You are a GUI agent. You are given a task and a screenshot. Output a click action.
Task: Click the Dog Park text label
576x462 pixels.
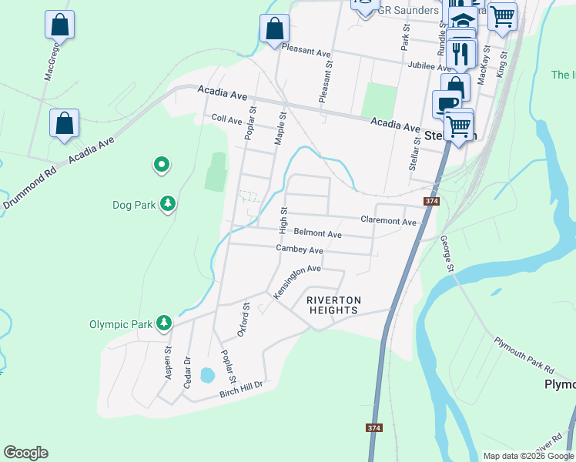coord(134,205)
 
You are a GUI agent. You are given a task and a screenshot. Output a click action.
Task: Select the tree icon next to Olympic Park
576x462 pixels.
coord(163,323)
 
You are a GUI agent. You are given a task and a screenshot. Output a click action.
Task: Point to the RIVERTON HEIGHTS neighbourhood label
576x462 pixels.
coord(333,305)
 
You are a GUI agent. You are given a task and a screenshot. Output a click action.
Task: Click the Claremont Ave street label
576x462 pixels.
coord(389,221)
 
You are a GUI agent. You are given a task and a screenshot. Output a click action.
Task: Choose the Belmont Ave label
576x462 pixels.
coord(317,233)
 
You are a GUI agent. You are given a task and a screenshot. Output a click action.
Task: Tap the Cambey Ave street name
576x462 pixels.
coord(300,249)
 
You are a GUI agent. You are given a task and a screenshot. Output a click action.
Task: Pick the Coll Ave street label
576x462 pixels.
coord(227,120)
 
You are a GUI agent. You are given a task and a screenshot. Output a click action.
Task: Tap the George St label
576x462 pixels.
coord(447,253)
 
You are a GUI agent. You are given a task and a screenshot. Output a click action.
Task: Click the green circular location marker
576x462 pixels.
coord(162,164)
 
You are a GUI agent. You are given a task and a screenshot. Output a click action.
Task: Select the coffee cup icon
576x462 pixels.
coord(446,103)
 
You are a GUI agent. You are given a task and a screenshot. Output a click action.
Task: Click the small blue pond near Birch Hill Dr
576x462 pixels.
coord(207,375)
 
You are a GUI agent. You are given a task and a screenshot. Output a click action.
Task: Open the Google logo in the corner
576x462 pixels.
coord(25,453)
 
